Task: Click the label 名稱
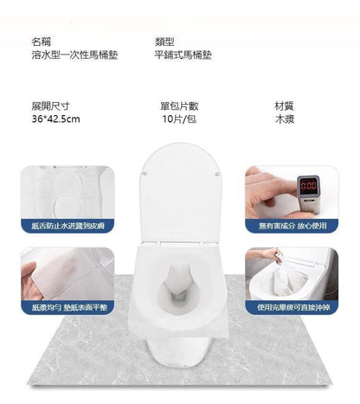point(42,42)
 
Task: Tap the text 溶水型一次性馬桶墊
point(74,55)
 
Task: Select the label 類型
point(164,42)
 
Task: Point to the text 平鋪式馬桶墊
point(183,55)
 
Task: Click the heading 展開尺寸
point(50,106)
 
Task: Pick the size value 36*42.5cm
point(55,119)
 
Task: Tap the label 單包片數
point(179,106)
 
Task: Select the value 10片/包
point(179,119)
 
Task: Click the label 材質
point(285,106)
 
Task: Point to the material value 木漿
point(285,119)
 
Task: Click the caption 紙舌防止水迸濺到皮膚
point(68,226)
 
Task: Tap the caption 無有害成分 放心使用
point(292,226)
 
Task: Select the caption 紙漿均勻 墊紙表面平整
point(69,307)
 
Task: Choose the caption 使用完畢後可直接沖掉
point(293,307)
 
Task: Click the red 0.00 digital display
point(309,185)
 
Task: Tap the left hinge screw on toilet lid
point(145,173)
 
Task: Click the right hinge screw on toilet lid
point(216,174)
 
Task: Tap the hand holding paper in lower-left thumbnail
point(30,283)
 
